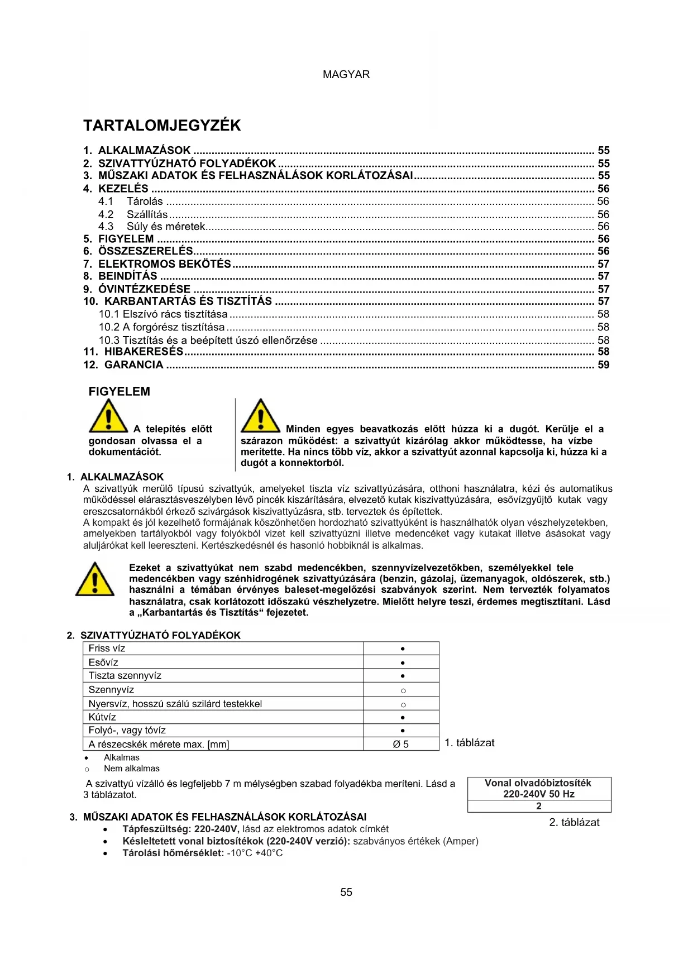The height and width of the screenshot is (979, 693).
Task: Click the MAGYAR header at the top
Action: click(x=346, y=74)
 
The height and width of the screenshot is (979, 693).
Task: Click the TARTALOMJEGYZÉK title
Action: click(x=162, y=125)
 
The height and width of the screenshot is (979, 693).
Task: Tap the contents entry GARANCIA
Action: click(x=133, y=365)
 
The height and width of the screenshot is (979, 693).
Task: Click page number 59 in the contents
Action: click(x=604, y=365)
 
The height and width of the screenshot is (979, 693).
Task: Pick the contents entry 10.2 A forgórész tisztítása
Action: click(x=162, y=327)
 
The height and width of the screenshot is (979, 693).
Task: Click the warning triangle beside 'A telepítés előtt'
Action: click(x=108, y=416)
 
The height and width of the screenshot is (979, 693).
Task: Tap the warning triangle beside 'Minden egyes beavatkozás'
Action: click(x=260, y=416)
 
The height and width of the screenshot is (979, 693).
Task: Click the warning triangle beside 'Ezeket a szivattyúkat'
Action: click(x=95, y=579)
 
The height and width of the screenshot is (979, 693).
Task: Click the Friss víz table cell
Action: click(x=107, y=649)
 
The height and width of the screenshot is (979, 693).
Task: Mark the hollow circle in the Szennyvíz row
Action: click(x=403, y=690)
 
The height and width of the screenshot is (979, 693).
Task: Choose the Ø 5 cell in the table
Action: click(x=401, y=744)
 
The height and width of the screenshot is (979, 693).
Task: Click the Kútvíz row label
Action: click(x=102, y=717)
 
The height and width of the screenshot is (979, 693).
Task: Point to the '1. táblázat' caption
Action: click(x=469, y=743)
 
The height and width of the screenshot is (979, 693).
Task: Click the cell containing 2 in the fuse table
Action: click(x=539, y=806)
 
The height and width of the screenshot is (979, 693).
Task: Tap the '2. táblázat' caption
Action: click(x=574, y=822)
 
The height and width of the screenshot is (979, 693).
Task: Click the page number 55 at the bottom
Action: click(x=346, y=892)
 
